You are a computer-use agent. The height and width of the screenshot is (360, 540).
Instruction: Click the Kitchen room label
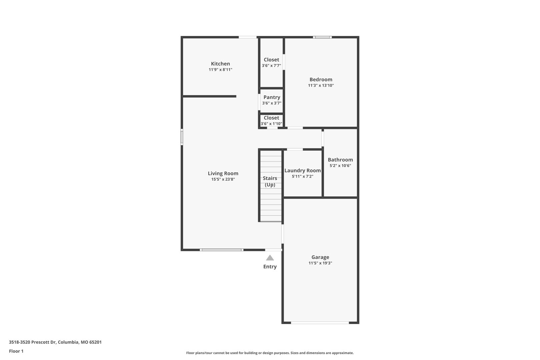[x=220, y=64]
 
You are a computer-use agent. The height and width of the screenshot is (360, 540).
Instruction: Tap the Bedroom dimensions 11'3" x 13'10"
[x=321, y=85]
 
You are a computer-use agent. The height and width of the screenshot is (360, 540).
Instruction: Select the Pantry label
[x=272, y=97]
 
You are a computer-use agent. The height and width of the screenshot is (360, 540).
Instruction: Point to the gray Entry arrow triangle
[x=270, y=258]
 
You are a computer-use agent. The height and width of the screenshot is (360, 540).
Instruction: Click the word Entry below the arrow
[x=270, y=267]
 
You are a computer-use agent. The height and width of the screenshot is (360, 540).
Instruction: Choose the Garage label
[x=320, y=257]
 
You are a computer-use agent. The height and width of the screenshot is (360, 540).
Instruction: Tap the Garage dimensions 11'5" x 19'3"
[x=320, y=263]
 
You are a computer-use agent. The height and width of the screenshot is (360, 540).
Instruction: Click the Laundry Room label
[x=303, y=170]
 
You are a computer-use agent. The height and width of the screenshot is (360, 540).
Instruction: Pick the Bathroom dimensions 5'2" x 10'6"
[x=340, y=166]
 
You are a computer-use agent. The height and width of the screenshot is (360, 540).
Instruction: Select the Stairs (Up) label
[x=270, y=181]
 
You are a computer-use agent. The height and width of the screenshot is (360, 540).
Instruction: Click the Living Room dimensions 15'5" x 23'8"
[x=223, y=179]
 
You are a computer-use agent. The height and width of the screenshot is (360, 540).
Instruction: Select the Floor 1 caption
[x=16, y=351]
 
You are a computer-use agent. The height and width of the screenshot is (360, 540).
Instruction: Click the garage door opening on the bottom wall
[x=320, y=322]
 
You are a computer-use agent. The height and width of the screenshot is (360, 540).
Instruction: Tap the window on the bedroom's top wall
[x=322, y=37]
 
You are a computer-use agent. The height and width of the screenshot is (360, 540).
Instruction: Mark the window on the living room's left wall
[x=182, y=137]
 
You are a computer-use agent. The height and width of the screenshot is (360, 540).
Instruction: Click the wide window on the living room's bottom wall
[x=222, y=250]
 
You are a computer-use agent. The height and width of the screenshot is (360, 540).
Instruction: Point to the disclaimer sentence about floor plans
[x=270, y=353]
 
